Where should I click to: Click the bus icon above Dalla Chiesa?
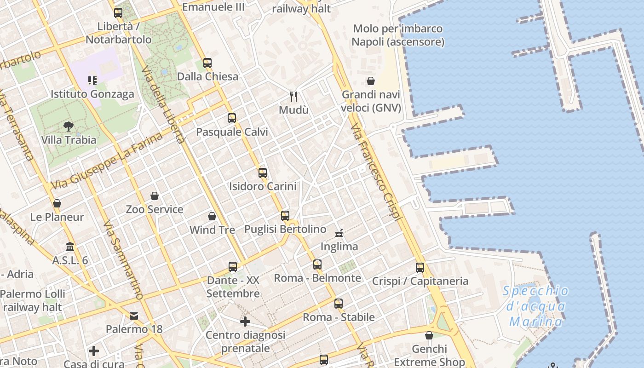[x=207, y=63]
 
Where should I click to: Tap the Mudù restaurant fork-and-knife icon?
[x=293, y=96]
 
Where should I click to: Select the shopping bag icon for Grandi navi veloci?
[x=371, y=81]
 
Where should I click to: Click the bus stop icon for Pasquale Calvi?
[x=232, y=118]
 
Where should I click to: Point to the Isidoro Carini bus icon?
[x=263, y=173]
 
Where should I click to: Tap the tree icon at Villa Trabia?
[x=69, y=126]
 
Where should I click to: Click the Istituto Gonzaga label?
[x=92, y=94]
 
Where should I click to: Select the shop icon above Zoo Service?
[x=155, y=196]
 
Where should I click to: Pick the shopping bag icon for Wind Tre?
[x=212, y=216]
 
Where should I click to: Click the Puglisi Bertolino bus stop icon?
[x=285, y=215]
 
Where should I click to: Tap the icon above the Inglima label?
[x=339, y=233]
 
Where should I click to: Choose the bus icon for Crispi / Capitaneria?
[x=420, y=267]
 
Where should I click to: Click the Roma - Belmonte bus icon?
[x=317, y=264]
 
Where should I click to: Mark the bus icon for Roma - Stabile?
[x=339, y=303]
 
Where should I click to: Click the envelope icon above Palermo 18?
[x=134, y=316]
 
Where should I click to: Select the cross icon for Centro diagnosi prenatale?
[x=245, y=321]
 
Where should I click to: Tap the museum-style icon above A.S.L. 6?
[x=70, y=247]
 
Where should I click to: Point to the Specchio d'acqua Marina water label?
[x=535, y=306]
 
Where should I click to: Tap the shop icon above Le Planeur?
[x=57, y=203]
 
